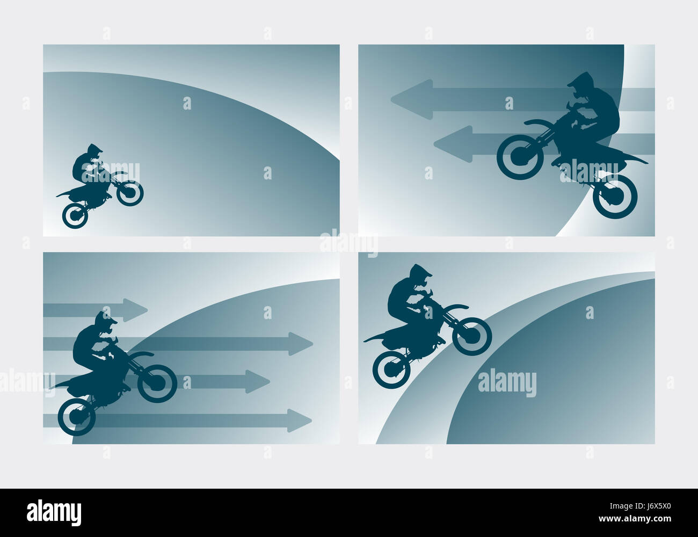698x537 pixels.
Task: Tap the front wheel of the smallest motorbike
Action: (x=130, y=193)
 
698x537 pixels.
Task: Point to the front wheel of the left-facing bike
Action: (x=521, y=156)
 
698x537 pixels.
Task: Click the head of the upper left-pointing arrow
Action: (x=412, y=99)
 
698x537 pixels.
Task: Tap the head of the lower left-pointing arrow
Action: (x=453, y=144)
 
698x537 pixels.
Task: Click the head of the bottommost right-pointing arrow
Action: (x=300, y=420)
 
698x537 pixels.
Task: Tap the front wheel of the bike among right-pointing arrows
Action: (x=157, y=383)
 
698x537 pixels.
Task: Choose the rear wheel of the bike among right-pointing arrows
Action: (x=76, y=417)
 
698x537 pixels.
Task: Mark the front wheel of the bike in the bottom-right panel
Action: (x=472, y=336)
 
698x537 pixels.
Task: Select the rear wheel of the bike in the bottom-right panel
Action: (x=391, y=369)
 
